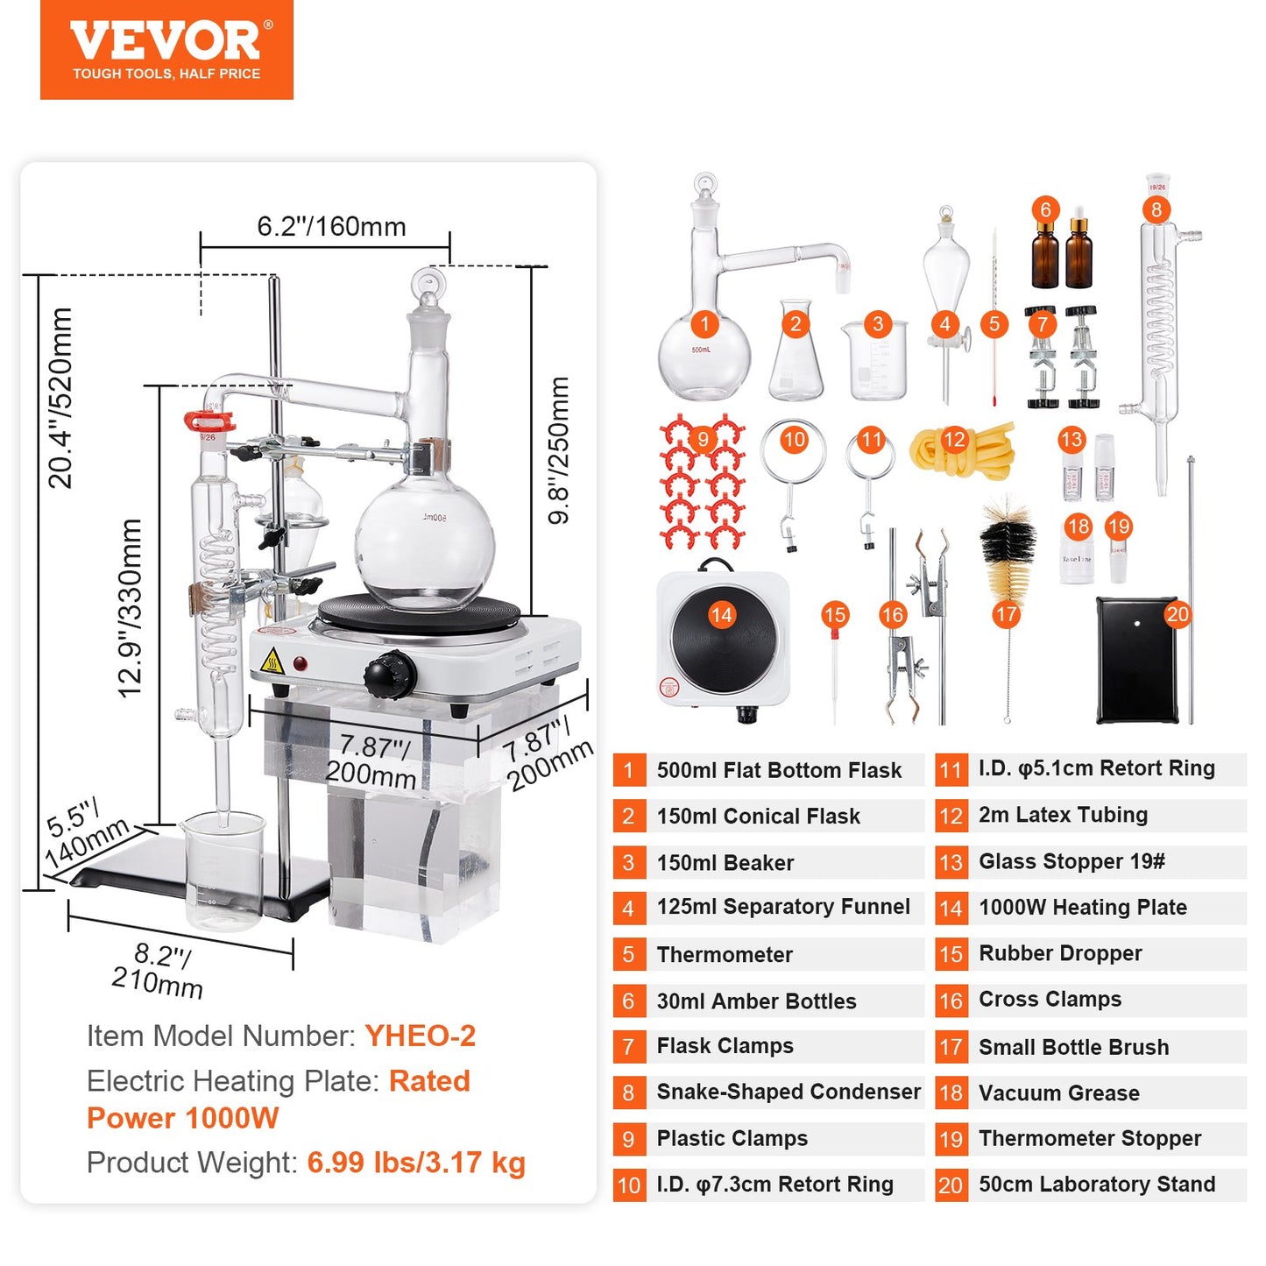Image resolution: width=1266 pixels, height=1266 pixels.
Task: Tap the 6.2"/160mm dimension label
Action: (x=331, y=227)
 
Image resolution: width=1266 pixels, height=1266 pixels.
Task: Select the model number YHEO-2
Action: (x=420, y=1036)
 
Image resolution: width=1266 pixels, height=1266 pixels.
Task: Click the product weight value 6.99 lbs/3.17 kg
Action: (x=416, y=1163)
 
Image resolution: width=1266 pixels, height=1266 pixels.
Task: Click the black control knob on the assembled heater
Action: (x=389, y=675)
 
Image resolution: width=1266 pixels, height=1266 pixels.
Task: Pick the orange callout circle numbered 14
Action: (x=721, y=615)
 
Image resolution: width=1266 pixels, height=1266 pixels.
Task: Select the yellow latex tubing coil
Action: (x=962, y=448)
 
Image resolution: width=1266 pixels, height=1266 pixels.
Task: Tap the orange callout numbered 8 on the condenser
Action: (x=1156, y=209)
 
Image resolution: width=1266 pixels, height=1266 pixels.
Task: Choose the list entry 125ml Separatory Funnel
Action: (x=782, y=907)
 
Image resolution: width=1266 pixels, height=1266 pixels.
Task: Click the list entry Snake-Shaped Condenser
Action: (x=788, y=1092)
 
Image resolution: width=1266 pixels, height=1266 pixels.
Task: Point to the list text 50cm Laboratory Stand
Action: (x=1096, y=1185)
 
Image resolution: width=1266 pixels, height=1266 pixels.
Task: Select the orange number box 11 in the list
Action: (x=951, y=770)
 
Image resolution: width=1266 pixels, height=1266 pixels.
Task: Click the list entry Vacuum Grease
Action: (x=1058, y=1093)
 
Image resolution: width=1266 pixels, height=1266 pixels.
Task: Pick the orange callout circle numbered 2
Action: (x=795, y=324)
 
